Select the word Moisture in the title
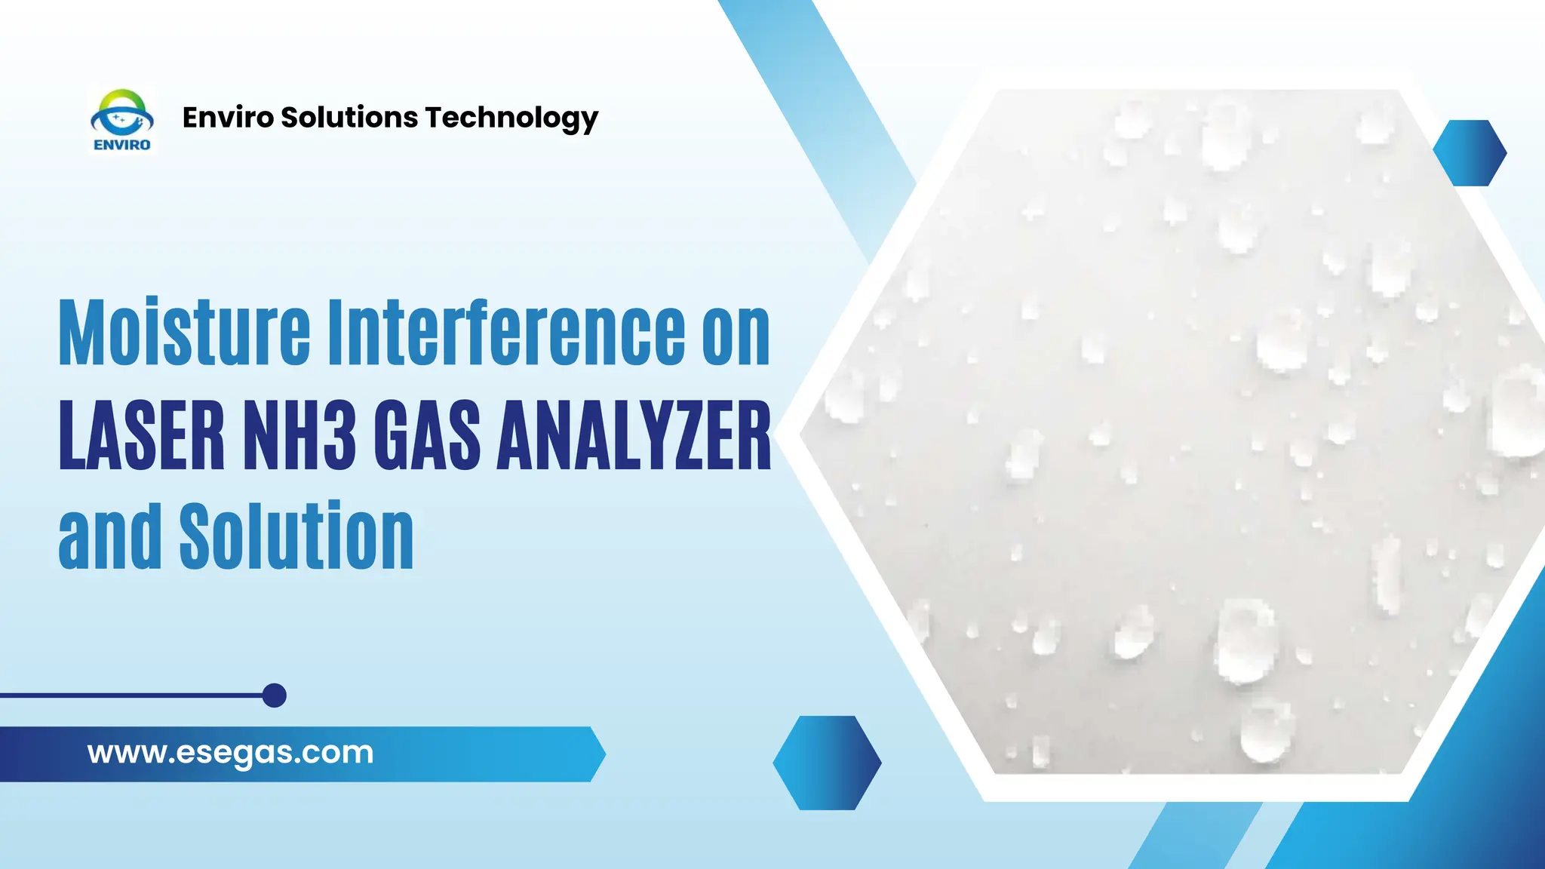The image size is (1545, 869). pyautogui.click(x=184, y=333)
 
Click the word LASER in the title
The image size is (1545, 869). pyautogui.click(x=142, y=435)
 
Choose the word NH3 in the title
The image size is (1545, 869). pyautogui.click(x=299, y=435)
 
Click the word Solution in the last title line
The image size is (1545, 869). pyautogui.click(x=296, y=536)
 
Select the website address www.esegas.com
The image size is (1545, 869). pyautogui.click(x=230, y=753)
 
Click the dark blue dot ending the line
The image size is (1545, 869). pyautogui.click(x=275, y=696)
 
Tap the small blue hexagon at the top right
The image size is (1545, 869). pyautogui.click(x=1470, y=153)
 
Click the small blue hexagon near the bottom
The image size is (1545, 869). pyautogui.click(x=827, y=763)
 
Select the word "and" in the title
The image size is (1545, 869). pyautogui.click(x=110, y=536)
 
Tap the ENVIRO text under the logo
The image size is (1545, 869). pyautogui.click(x=121, y=145)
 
